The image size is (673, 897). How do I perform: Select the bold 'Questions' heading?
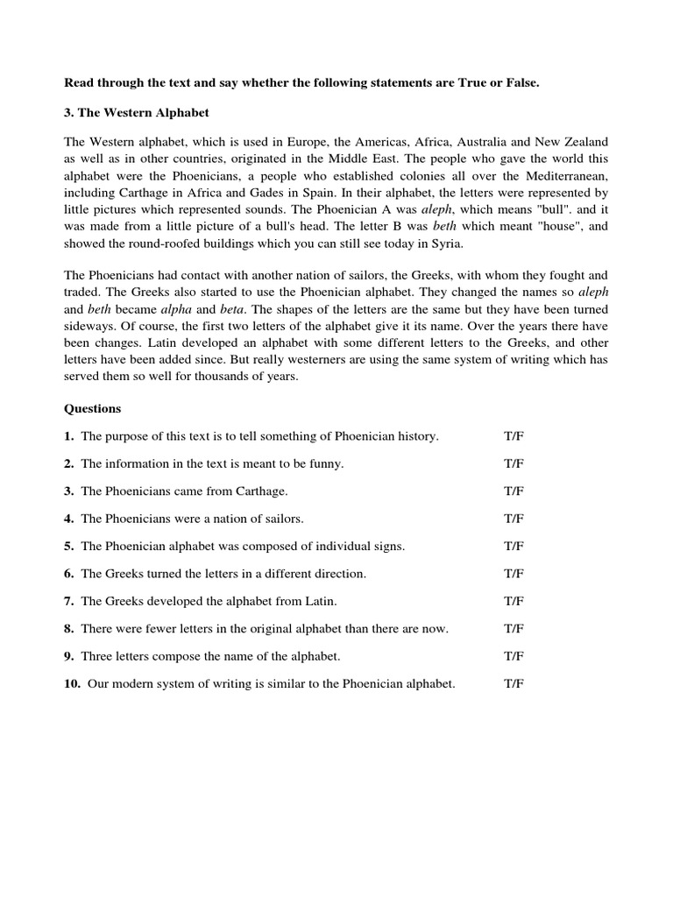coord(93,408)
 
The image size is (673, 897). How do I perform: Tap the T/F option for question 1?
coord(514,436)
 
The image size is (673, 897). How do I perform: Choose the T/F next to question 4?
coord(514,519)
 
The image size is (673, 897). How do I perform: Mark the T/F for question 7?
coord(514,601)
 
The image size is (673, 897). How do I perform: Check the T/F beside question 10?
coord(514,684)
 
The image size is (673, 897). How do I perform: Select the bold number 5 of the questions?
coord(68,546)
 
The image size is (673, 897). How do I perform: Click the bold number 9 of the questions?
coord(68,656)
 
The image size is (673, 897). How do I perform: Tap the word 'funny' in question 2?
coord(322,463)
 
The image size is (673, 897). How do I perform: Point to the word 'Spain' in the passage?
coord(308,193)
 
